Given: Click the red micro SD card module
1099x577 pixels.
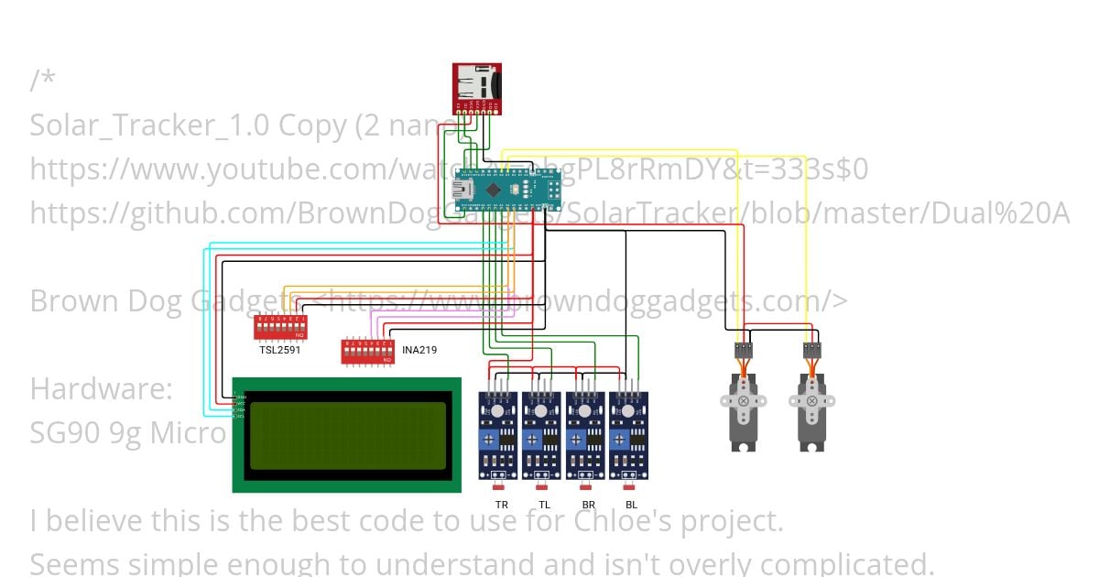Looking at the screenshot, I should click(477, 88).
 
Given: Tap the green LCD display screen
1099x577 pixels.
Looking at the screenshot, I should click(346, 435).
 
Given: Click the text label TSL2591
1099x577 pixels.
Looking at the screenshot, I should click(279, 350).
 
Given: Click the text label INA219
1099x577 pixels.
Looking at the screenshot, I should click(418, 349).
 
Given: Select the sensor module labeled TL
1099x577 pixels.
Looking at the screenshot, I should click(541, 436).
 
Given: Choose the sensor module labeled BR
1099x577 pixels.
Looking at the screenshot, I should click(586, 436).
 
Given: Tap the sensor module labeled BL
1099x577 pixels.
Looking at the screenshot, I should click(629, 436).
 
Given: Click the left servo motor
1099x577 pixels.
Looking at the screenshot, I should click(743, 408).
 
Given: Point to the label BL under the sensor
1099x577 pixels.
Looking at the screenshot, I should click(631, 505).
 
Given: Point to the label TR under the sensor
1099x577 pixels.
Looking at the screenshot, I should click(501, 505).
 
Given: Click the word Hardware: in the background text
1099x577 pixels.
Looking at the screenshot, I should click(101, 388).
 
